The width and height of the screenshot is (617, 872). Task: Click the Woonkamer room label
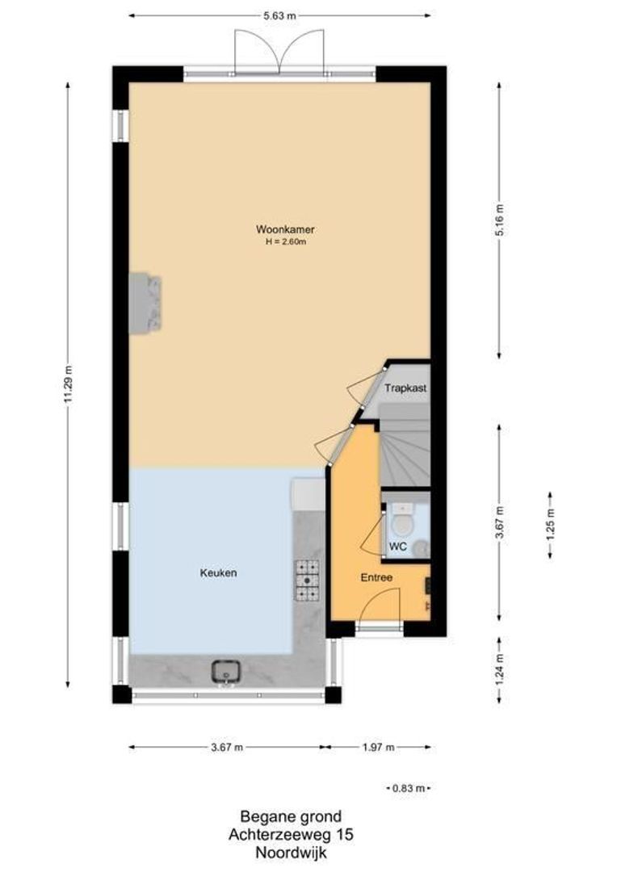pos(279,229)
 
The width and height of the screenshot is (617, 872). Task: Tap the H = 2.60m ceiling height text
pos(279,241)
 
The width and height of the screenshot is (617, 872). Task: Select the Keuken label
pos(218,573)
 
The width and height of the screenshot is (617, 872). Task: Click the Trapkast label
pos(405,388)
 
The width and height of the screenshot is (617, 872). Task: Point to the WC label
pos(397,547)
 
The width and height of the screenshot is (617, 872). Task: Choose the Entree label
pos(376,577)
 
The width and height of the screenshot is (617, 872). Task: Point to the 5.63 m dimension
pos(279,15)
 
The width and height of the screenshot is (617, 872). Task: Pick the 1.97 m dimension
pos(379,748)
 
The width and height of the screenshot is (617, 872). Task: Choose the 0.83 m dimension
pos(409,788)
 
